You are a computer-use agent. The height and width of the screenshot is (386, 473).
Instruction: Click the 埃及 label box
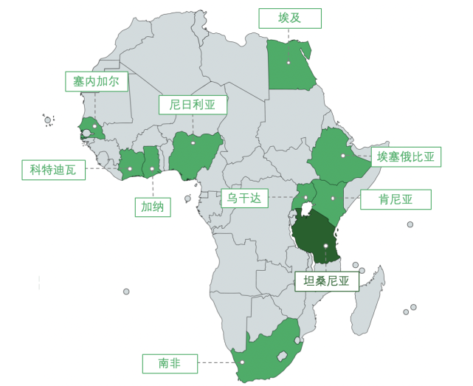290,18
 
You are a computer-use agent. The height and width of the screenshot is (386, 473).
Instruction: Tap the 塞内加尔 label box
96,81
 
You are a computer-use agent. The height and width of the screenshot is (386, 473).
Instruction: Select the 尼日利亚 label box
193,105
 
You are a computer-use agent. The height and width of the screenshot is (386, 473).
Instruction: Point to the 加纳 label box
153,207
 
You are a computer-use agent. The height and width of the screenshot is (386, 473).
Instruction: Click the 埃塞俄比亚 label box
406,156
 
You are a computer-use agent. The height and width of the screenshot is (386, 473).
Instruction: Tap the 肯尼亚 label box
396,199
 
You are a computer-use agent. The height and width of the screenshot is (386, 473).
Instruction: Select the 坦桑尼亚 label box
326,280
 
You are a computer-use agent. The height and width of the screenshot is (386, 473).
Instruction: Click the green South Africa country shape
262,351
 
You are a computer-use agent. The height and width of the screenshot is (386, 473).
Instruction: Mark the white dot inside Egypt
289,63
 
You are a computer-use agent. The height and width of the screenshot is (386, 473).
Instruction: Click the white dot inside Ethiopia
343,156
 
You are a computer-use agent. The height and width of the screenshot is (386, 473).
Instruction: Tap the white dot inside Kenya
334,198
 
